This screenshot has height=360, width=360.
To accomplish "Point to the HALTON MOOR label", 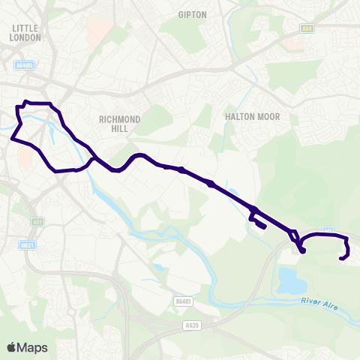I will click(x=247, y=117).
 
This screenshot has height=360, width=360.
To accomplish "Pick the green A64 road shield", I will click(x=306, y=29).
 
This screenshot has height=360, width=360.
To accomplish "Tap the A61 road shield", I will click(x=37, y=222).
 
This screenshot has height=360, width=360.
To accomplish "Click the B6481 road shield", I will click(x=184, y=301).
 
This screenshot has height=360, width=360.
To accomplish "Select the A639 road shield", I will click(x=192, y=325).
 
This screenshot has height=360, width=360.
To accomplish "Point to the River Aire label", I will click(x=319, y=302).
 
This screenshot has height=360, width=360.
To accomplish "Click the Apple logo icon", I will click(x=12, y=347).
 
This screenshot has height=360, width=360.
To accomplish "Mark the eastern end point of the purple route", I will click(x=341, y=259).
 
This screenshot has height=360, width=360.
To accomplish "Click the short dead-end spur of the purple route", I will click(x=258, y=223).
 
